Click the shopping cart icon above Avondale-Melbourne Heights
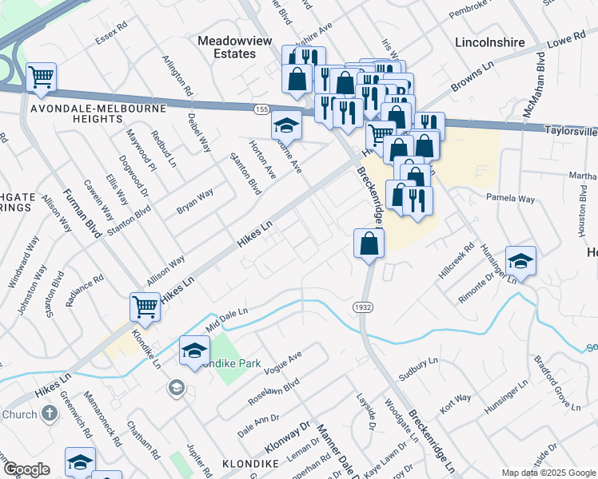coord(41,77)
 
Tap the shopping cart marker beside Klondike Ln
coord(145,306)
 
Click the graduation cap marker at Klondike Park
coord(194,350)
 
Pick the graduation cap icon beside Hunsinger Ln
coord(520,261)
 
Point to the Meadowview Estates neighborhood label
coord(227,47)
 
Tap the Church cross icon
coord(50,414)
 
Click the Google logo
coord(26,469)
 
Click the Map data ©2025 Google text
coord(548,472)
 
